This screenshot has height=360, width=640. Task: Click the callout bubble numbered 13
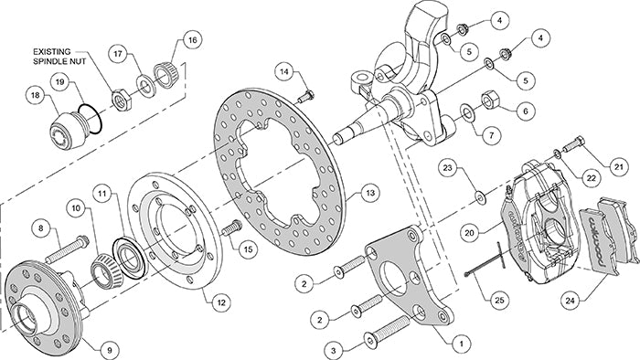(368, 193)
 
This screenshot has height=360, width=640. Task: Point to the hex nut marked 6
(489, 97)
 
